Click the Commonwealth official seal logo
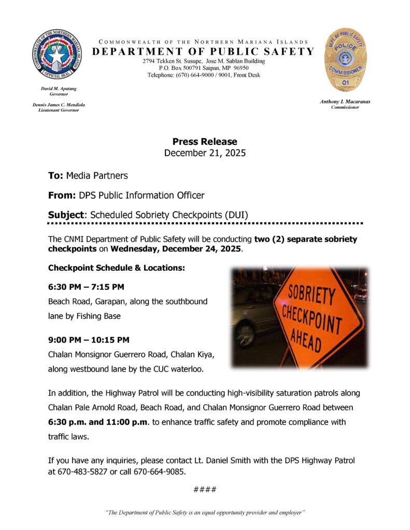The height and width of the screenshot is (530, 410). pyautogui.click(x=56, y=54)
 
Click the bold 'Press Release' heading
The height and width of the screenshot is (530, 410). pyautogui.click(x=205, y=141)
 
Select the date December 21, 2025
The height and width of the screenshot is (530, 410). pyautogui.click(x=205, y=153)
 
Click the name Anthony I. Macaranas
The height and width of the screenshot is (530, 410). pyautogui.click(x=345, y=101)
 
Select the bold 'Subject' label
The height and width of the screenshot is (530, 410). pyautogui.click(x=66, y=215)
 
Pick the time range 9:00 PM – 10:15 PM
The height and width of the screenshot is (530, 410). pyautogui.click(x=89, y=340)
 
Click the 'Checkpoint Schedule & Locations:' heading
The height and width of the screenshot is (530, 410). pyautogui.click(x=116, y=268)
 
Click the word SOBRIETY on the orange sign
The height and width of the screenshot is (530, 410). pyautogui.click(x=312, y=295)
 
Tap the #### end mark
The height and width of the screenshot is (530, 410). pyautogui.click(x=205, y=490)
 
